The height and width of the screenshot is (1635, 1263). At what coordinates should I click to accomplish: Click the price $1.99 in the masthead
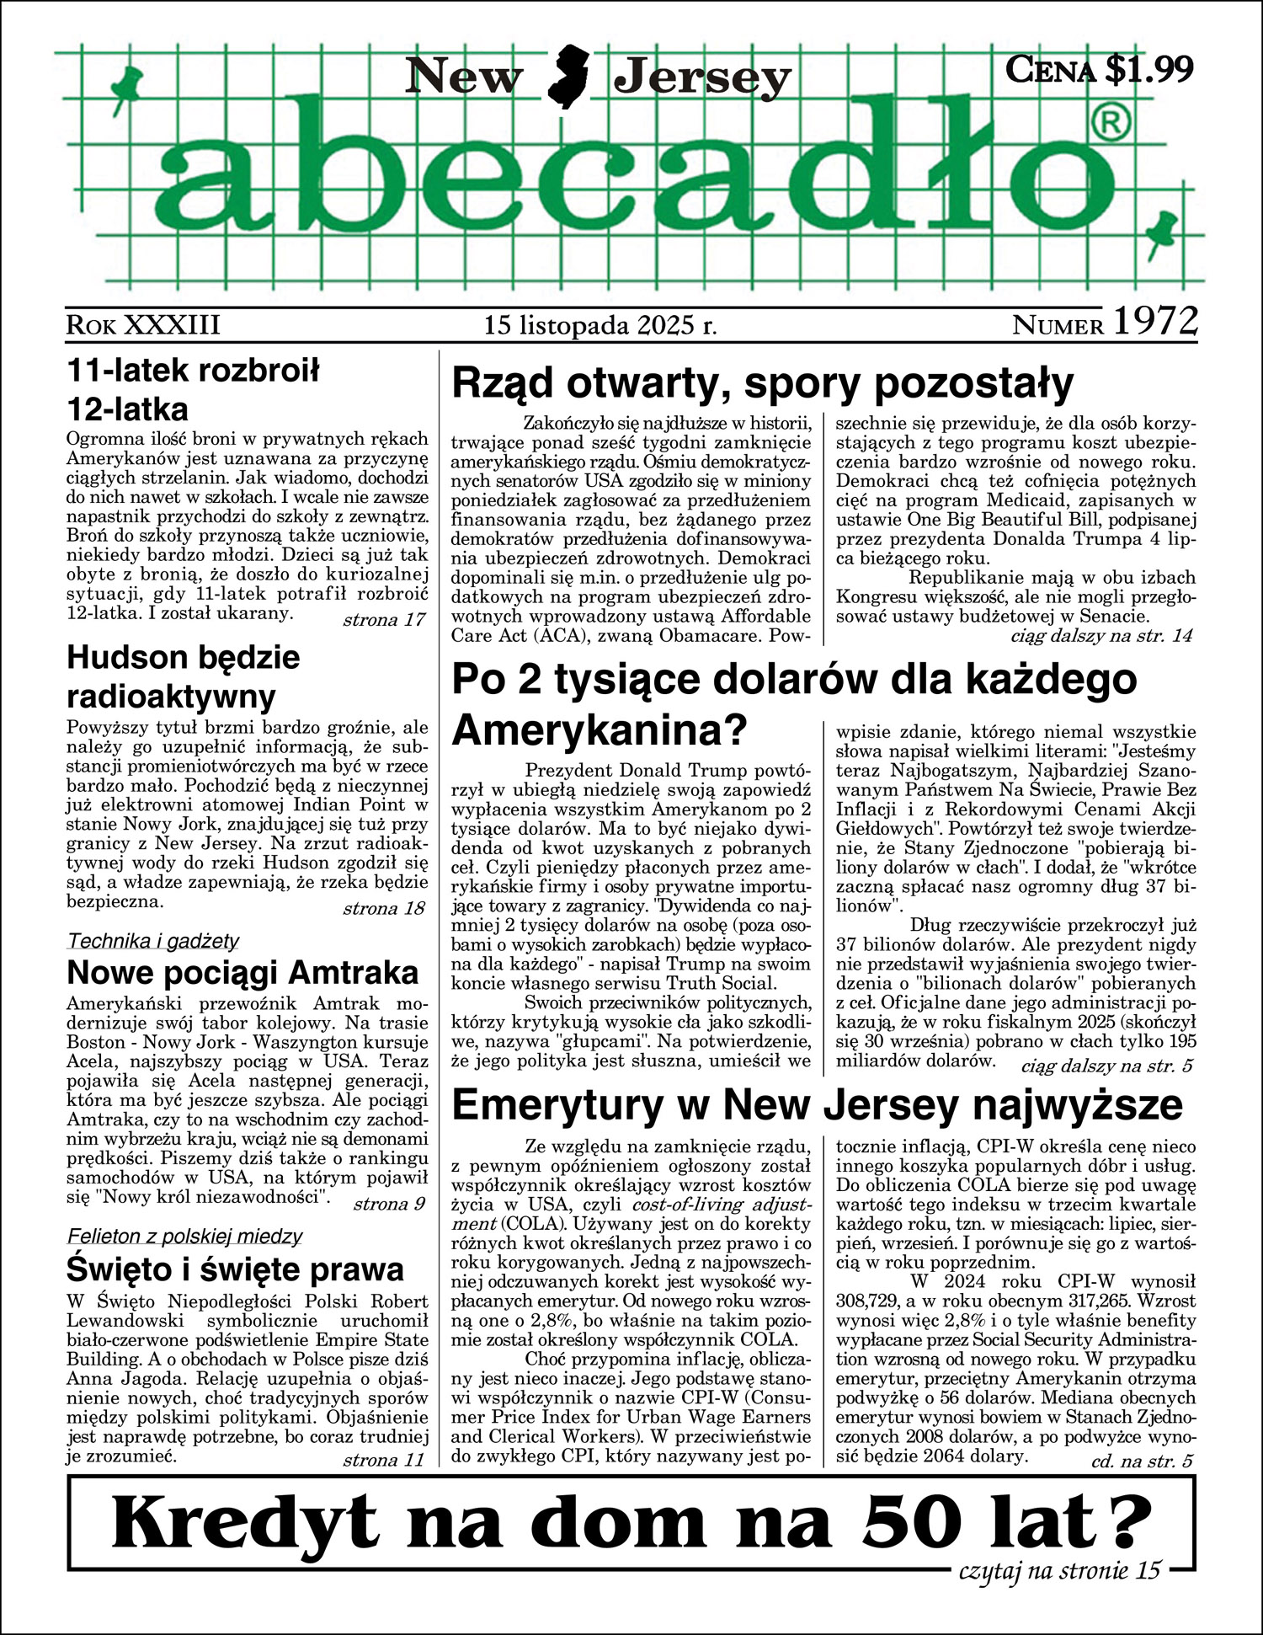[1149, 69]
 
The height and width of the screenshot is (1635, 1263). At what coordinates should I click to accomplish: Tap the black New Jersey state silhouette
[568, 77]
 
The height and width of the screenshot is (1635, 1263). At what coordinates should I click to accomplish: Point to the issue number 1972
[1155, 321]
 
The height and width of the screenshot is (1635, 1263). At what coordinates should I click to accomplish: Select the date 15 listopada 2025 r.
[600, 325]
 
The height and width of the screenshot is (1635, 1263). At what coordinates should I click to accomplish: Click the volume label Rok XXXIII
[142, 325]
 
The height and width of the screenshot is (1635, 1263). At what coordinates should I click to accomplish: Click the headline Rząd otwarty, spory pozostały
[762, 383]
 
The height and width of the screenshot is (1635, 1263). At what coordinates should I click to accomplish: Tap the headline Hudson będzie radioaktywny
[183, 676]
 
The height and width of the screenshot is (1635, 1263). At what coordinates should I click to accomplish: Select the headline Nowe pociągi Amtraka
[242, 972]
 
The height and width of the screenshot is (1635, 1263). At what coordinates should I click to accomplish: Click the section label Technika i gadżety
[152, 941]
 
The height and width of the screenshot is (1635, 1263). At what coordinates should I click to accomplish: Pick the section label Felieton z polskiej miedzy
[184, 1237]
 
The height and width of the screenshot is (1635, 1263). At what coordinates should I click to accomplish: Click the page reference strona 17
[384, 621]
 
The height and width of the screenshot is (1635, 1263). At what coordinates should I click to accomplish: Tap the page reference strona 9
[389, 1204]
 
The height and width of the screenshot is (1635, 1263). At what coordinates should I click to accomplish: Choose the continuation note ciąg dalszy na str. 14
[1101, 636]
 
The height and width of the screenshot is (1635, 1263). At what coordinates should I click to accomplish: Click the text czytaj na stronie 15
[1059, 1570]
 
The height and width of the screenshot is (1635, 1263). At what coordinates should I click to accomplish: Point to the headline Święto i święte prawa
[235, 1269]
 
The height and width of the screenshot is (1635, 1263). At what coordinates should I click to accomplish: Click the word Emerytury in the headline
[557, 1105]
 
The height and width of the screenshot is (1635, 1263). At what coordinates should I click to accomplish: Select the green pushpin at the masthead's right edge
[1163, 232]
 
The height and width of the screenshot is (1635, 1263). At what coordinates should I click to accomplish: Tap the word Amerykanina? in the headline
[600, 729]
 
